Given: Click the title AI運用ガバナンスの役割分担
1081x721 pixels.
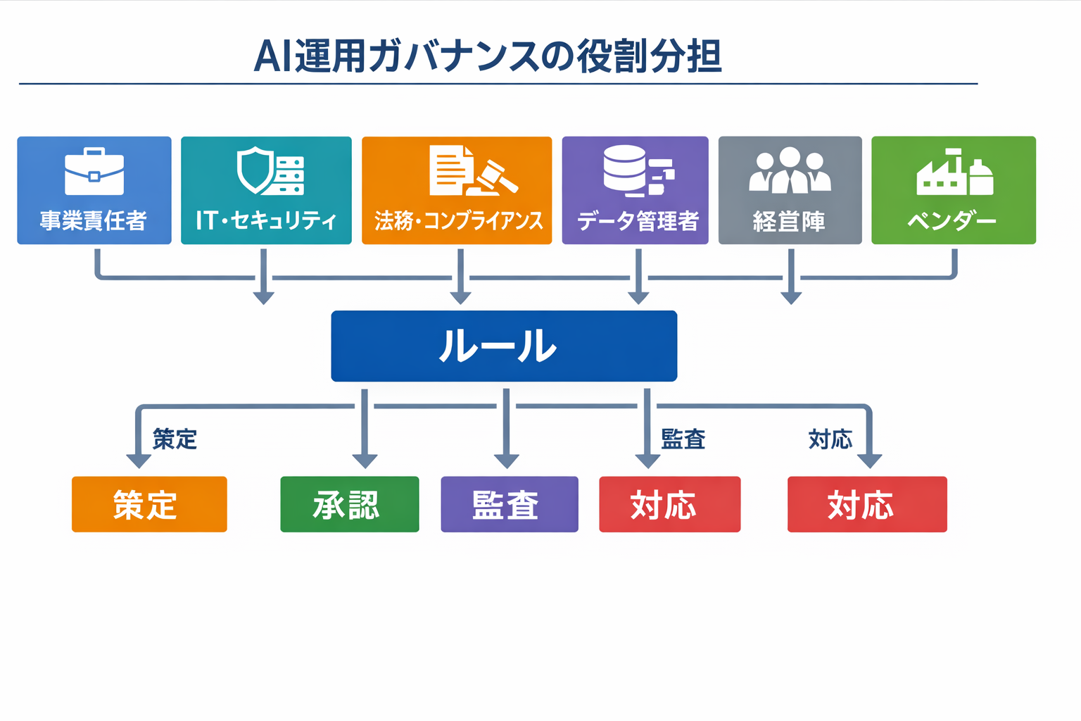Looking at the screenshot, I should tap(487, 56).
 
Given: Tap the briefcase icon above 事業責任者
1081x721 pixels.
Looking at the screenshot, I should tap(94, 172).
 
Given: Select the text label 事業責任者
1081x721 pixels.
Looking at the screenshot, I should tap(94, 221).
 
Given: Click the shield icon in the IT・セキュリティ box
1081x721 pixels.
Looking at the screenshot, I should tap(255, 170).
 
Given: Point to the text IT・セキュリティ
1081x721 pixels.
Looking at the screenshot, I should tap(266, 220).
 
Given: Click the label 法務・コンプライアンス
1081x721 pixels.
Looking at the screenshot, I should tap(458, 221).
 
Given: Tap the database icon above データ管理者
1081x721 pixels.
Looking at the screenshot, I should tap(625, 170).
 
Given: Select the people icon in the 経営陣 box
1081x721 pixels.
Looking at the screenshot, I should tap(790, 170).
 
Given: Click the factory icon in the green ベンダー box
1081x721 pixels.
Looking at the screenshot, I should tap(954, 173).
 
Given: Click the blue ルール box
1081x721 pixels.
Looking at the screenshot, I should tap(504, 346).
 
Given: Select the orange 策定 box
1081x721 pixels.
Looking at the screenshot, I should tap(149, 504).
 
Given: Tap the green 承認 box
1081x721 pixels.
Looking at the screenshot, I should tap(350, 504).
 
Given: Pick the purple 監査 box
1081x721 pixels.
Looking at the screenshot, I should tap(510, 504).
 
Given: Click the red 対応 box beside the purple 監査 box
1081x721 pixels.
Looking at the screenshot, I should tap(669, 504).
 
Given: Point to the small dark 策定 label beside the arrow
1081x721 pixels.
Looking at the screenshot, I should tap(175, 439).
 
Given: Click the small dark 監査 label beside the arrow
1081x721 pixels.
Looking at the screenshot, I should tap(683, 439).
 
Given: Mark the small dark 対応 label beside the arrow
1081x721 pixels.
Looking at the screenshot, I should tap(830, 439).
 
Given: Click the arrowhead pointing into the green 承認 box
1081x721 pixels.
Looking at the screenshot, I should tap(365, 460).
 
